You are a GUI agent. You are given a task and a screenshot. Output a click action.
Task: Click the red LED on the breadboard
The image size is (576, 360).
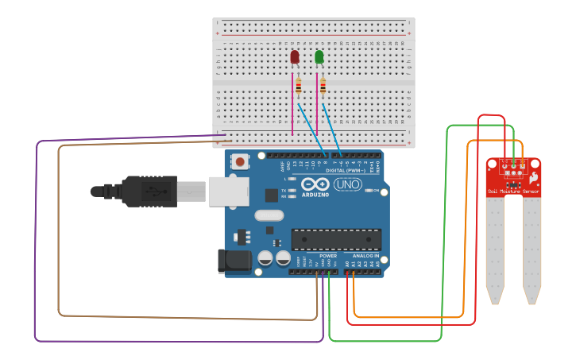295,57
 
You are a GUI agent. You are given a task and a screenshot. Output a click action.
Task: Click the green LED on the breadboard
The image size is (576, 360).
319,57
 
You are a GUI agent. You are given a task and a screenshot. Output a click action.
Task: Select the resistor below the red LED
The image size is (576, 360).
299,87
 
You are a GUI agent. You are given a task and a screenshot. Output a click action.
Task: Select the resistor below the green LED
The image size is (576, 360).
323,87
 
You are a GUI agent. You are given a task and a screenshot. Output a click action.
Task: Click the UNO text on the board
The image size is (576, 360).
348,185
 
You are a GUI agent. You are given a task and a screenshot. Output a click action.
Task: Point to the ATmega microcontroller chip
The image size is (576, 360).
336,239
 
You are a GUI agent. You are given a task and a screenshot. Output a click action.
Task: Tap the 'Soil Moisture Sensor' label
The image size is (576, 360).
513,192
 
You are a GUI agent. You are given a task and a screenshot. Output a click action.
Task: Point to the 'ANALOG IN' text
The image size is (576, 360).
365,256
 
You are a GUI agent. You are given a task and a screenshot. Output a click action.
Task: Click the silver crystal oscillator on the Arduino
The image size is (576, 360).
269,215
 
